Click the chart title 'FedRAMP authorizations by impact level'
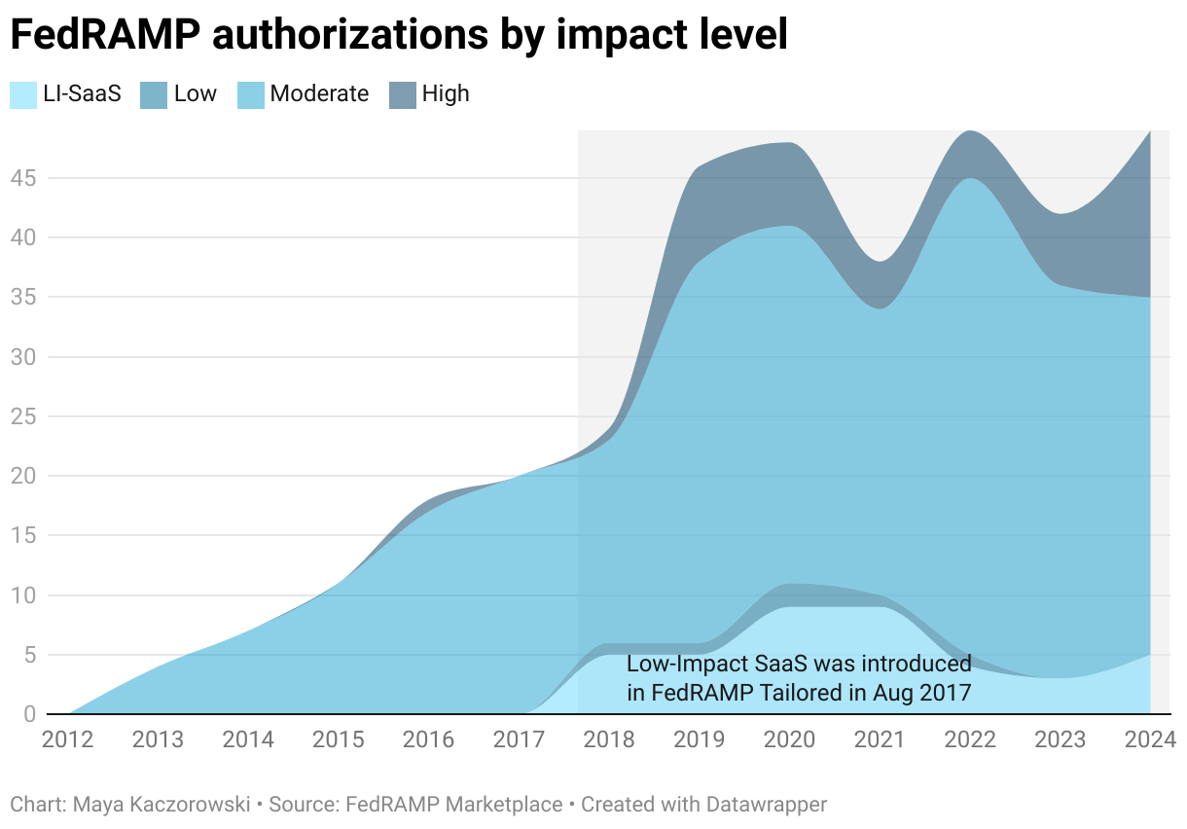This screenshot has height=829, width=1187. coord(398,36)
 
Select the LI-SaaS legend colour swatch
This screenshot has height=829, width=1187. coord(23,94)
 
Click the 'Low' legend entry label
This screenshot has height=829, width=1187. coord(195,94)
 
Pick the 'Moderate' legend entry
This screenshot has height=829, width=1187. coord(319,94)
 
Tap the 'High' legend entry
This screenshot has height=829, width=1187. coord(446,94)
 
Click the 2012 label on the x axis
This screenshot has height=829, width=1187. coord(68,739)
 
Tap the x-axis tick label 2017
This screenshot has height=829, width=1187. coord(519,739)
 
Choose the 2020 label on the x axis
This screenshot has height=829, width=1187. coord(789,739)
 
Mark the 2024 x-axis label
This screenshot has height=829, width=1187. coord(1149,739)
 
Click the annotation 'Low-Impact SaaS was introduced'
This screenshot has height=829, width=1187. coord(799,665)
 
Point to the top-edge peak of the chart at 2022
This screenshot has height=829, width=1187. coord(970,131)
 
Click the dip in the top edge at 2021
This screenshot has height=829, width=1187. coord(880,261)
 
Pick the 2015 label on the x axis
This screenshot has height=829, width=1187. coord(339,739)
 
